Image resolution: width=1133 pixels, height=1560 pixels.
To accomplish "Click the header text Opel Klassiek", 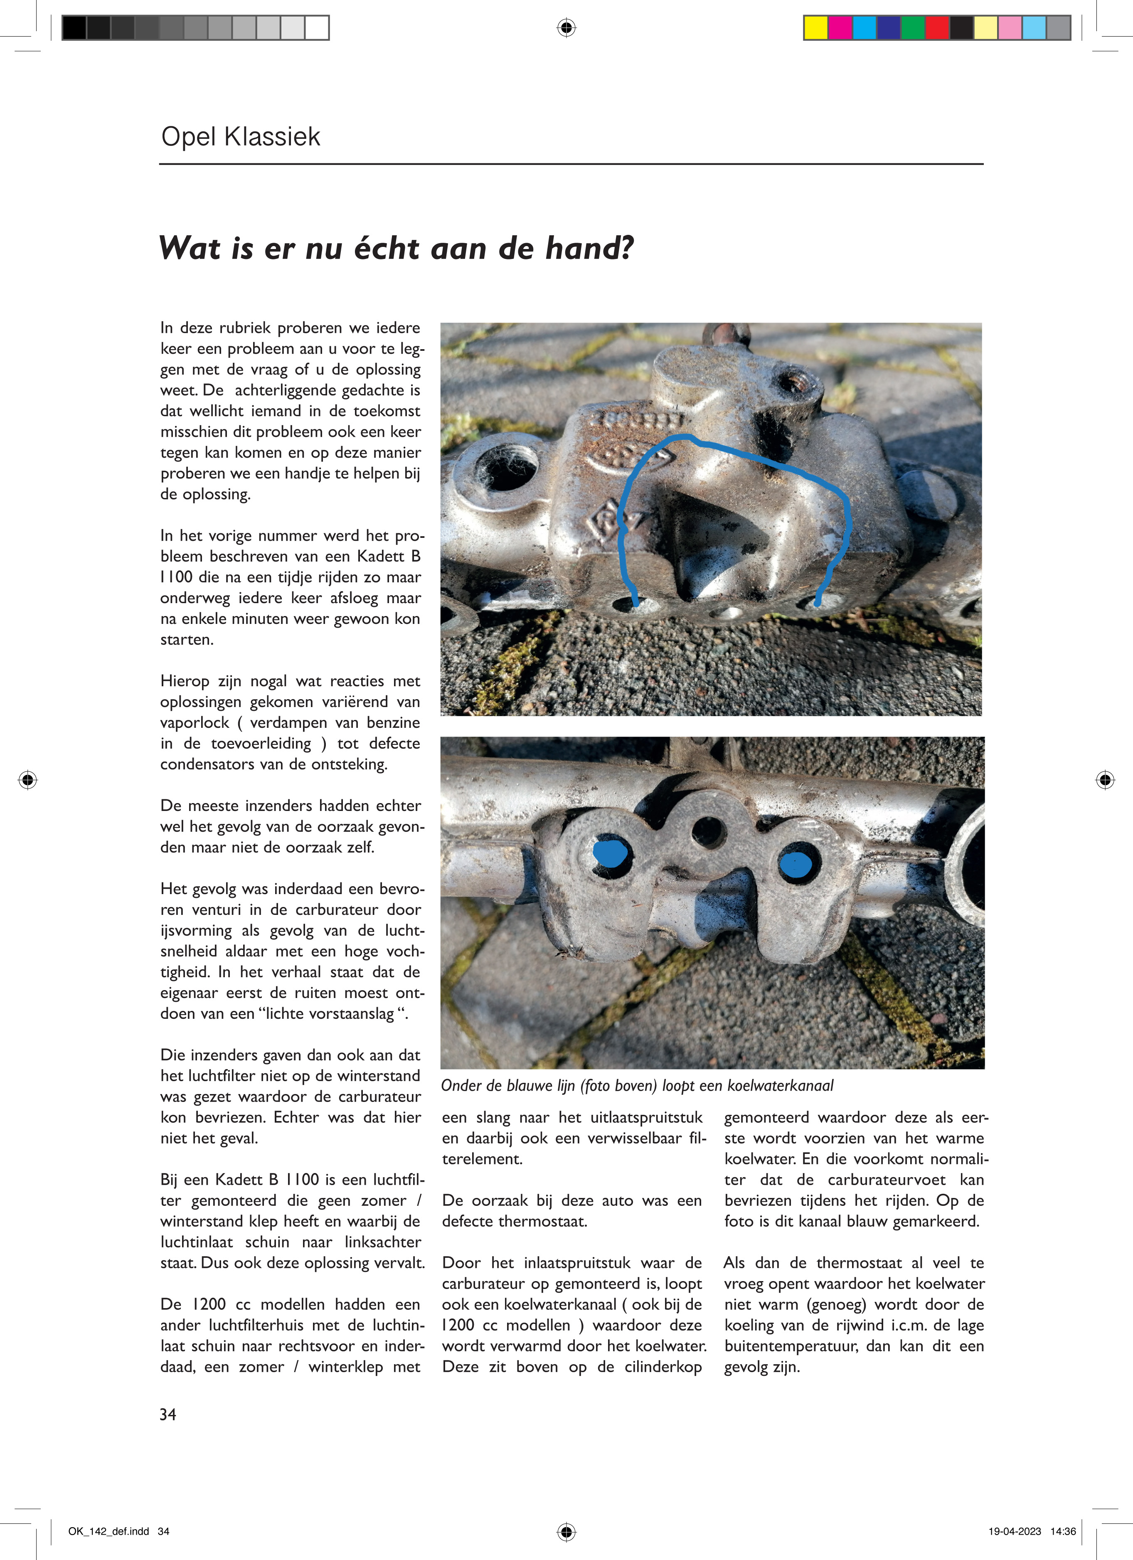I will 240,137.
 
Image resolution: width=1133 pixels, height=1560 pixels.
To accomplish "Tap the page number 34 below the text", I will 168,1414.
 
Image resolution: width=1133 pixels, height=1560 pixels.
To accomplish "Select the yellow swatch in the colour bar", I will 816,27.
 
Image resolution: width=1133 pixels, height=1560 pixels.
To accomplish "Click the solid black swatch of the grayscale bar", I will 74,27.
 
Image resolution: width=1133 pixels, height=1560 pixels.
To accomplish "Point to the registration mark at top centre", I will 566,27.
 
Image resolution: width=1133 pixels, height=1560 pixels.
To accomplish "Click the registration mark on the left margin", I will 27,779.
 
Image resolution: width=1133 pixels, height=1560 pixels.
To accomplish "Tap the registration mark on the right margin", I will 1105,779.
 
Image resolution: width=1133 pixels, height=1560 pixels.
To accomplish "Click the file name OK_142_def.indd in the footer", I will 109,1531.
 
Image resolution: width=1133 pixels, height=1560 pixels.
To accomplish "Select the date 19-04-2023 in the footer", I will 1015,1531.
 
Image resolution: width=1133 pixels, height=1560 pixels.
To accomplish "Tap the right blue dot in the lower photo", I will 797,864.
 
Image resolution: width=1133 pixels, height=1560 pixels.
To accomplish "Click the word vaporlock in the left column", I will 195,723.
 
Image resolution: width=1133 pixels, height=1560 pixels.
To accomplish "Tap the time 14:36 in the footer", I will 1063,1531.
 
